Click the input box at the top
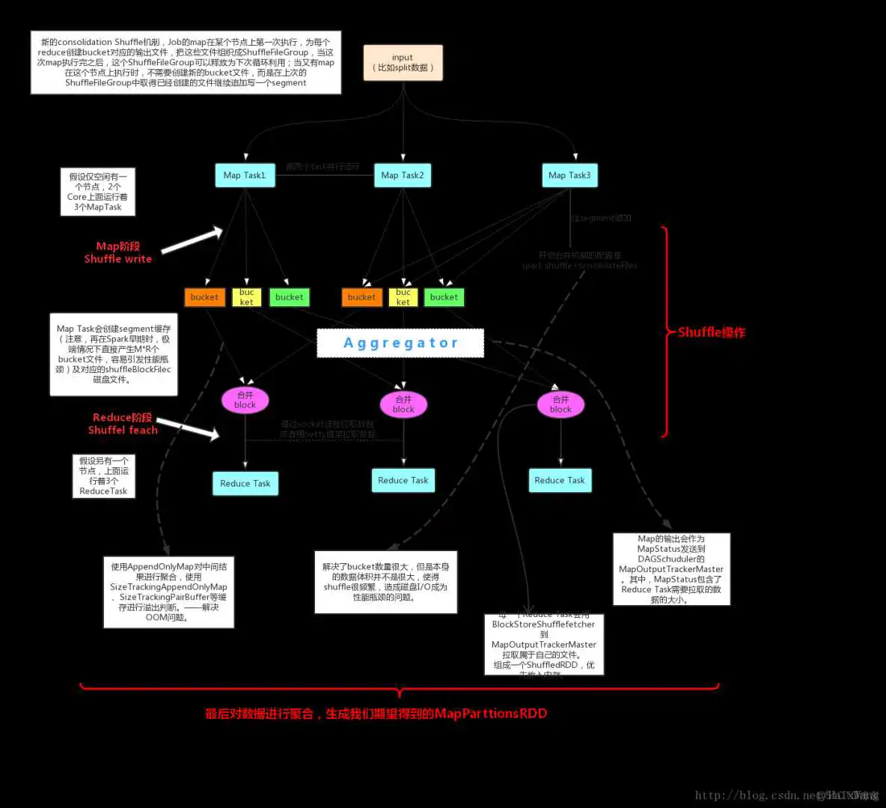403,63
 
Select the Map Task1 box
245,175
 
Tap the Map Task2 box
403,175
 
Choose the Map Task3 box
569,175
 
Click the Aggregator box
400,343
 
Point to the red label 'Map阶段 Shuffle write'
118,252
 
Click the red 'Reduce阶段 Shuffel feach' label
123,424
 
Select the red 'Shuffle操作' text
711,332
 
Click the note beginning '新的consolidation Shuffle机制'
186,62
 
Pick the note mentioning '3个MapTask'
98,192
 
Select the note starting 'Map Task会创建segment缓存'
114,354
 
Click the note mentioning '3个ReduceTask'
104,476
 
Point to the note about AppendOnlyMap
168,592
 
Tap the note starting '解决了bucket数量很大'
385,582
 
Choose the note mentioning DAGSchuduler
671,569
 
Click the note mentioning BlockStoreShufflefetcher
544,644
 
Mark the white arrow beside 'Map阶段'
192,240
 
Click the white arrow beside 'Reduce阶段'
188,428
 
